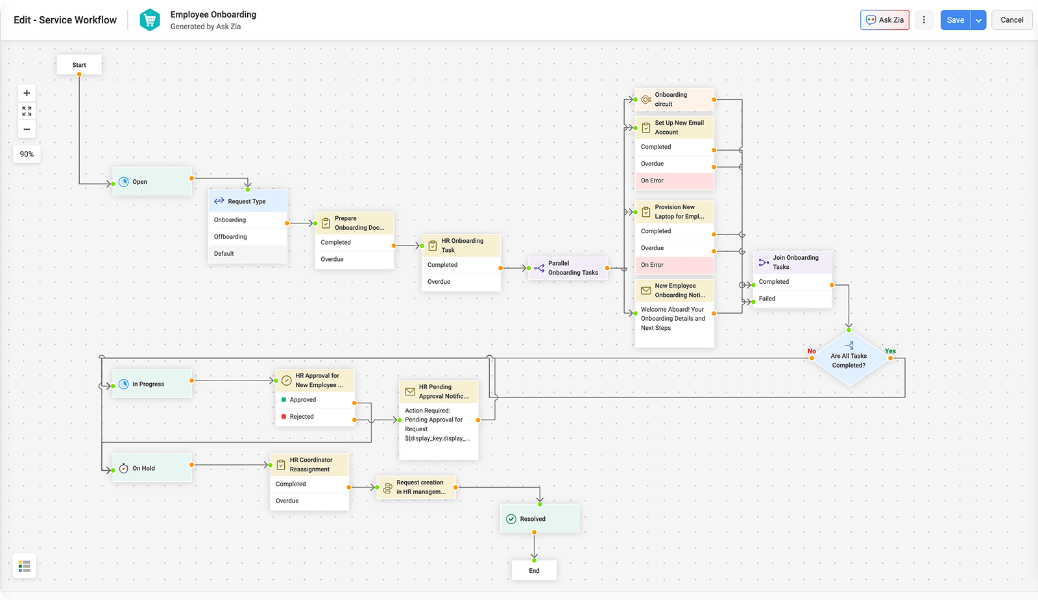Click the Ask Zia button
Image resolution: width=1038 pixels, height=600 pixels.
point(884,20)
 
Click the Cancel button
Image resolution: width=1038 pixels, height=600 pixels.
point(1011,20)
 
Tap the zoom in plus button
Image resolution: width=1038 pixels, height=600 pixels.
point(27,93)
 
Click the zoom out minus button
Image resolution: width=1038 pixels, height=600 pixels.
point(27,129)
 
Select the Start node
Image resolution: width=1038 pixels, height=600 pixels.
point(79,65)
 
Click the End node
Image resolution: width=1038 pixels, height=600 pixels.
point(534,571)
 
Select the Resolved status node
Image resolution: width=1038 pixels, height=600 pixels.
point(539,519)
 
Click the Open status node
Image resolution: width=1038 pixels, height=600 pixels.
point(152,182)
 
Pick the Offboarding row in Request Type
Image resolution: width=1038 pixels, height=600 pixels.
point(247,237)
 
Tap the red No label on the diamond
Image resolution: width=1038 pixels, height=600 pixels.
point(812,351)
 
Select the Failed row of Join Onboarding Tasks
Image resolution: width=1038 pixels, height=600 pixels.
point(791,299)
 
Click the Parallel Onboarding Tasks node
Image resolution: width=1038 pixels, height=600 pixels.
point(568,268)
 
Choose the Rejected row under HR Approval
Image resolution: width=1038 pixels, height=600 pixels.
point(315,417)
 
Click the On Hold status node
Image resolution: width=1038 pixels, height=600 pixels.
point(152,468)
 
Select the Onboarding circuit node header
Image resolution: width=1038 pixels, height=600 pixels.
point(674,99)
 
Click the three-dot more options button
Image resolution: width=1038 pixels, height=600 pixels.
point(924,20)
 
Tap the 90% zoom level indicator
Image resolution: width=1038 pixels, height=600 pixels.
point(27,155)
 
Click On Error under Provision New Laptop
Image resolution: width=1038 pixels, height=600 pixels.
point(674,265)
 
